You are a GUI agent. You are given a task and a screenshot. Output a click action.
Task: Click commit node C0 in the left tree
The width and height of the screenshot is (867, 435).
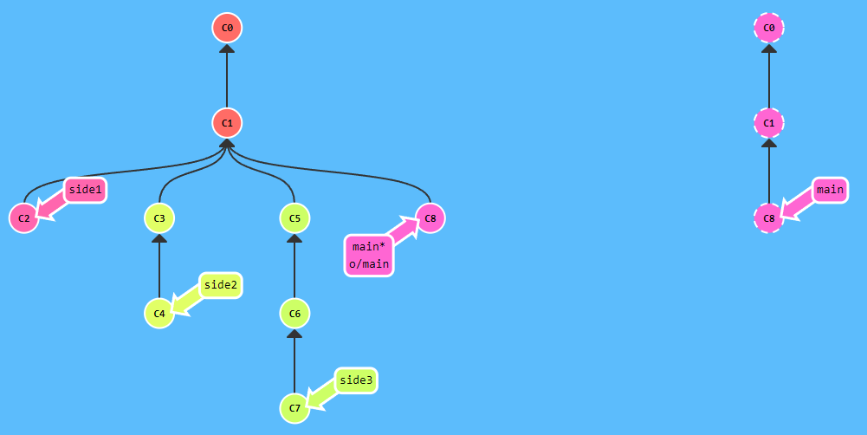point(227,28)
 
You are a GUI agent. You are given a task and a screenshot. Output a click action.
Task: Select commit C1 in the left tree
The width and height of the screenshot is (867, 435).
point(227,123)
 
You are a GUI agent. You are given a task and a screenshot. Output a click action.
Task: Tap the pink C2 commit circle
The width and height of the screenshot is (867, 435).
point(23,218)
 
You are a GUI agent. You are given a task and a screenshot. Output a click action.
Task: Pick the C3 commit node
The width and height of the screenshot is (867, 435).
point(159,218)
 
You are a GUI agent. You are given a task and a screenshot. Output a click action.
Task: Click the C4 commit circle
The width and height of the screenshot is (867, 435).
point(159,313)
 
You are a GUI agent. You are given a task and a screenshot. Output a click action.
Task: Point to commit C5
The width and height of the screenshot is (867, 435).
point(294,218)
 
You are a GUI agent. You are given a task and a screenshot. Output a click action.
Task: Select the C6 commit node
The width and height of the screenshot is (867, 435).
point(294,313)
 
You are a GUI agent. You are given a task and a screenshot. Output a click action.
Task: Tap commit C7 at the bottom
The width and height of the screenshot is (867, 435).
point(294,407)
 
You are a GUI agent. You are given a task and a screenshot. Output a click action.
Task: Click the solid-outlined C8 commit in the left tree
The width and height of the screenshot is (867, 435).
point(430,218)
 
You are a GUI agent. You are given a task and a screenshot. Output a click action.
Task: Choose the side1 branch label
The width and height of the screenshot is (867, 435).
point(85,190)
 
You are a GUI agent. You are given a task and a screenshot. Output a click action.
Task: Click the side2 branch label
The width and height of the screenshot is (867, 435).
point(221,285)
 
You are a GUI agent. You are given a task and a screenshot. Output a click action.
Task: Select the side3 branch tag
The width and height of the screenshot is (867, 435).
point(356,380)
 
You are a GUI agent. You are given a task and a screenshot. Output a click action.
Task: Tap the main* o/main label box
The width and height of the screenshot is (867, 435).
point(369,256)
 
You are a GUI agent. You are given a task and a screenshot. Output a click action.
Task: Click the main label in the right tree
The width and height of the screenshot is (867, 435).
point(830,190)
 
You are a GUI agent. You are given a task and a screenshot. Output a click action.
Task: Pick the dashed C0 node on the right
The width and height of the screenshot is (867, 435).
point(768,28)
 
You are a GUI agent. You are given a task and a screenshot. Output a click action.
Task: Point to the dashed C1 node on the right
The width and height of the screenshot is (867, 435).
point(768,123)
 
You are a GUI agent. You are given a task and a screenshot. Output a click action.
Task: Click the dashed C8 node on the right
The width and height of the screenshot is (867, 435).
point(768,218)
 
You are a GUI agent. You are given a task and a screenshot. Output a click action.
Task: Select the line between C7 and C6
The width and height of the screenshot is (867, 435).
point(294,362)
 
